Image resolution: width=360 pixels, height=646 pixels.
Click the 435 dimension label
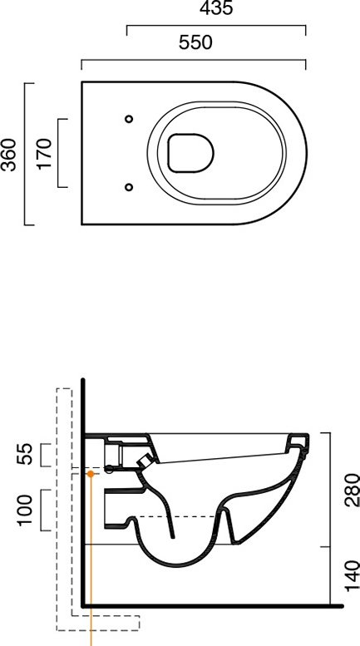pyautogui.click(x=216, y=7)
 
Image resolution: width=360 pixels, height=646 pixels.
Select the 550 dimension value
pyautogui.click(x=195, y=42)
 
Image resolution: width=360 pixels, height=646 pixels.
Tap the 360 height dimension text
pyautogui.click(x=9, y=155)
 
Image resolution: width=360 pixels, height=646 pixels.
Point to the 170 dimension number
pyautogui.click(x=45, y=154)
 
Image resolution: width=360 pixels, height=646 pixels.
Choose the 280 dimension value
pyautogui.click(x=353, y=490)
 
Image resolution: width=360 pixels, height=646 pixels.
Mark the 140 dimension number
pyautogui.click(x=353, y=575)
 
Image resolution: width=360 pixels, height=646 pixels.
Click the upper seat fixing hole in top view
pyautogui.click(x=129, y=119)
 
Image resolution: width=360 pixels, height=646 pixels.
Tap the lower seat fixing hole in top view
pyautogui.click(x=129, y=187)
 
